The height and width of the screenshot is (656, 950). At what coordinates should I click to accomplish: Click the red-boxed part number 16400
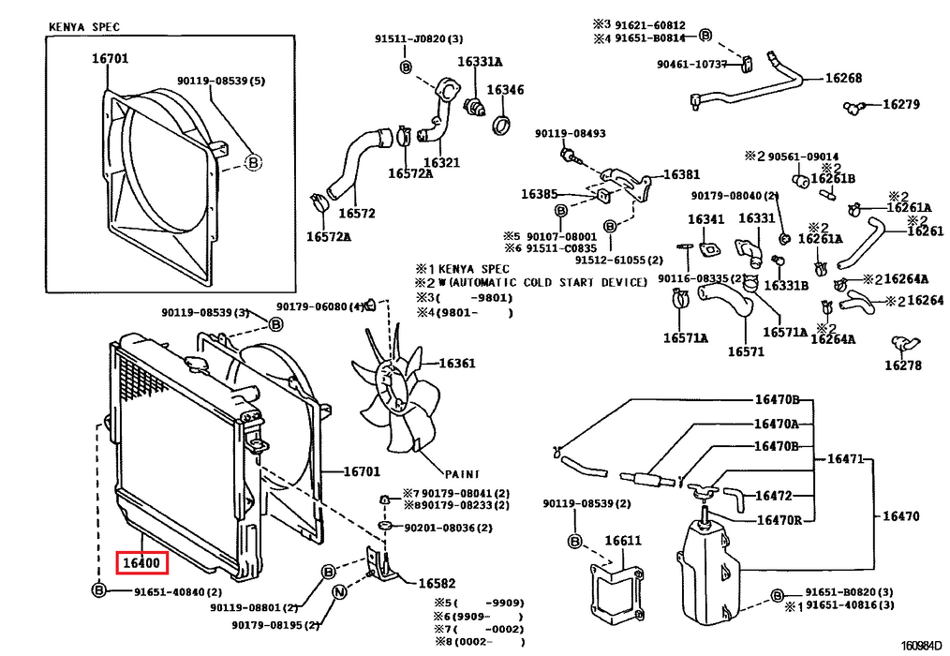pos(141,562)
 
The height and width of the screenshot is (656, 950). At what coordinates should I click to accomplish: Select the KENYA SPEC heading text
pos(84,26)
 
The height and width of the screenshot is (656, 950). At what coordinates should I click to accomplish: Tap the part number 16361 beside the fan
pos(457,364)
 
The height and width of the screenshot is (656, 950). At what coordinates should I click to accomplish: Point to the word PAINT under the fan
pos(462,474)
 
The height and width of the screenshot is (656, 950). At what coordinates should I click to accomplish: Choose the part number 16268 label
pos(843,78)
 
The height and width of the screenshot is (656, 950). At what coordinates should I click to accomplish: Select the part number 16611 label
pos(623,541)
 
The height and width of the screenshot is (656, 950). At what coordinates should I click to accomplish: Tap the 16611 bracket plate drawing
pos(616,591)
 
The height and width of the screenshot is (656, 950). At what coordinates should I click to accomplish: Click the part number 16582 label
pos(437,583)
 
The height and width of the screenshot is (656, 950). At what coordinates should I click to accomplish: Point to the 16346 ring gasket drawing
pos(501,125)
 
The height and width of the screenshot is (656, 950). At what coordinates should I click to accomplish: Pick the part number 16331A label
pos(480,62)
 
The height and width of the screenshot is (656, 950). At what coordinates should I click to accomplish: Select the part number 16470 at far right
pos(901,516)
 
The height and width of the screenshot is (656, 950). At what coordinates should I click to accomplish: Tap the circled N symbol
pos(339,591)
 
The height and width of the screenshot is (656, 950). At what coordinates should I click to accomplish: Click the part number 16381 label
pos(682,174)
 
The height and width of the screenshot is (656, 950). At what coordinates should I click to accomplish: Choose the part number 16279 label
pos(901,104)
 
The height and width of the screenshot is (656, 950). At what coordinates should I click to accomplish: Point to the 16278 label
pos(903,365)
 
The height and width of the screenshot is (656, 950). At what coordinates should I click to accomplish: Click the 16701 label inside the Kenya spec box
pos(111,59)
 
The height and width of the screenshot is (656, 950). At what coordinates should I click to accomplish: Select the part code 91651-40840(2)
pos(178,591)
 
